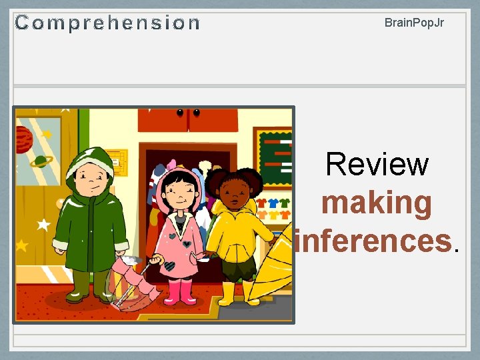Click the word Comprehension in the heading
(x=107, y=23)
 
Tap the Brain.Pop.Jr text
(x=414, y=23)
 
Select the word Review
(x=377, y=164)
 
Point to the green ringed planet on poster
(x=41, y=162)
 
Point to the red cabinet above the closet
(x=187, y=119)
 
